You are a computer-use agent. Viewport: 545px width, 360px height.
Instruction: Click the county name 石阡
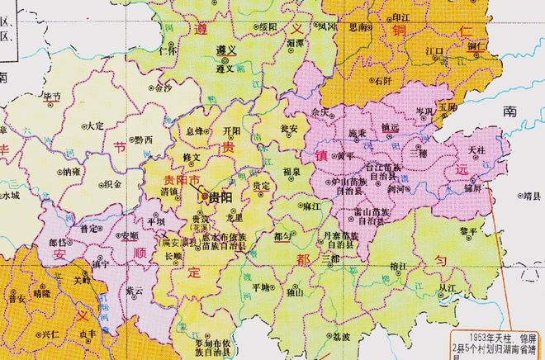pyautogui.click(x=381, y=82)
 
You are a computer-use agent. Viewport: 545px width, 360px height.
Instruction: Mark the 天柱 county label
pyautogui.click(x=476, y=150)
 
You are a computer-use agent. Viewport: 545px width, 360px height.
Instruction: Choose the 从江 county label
pyautogui.click(x=448, y=288)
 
